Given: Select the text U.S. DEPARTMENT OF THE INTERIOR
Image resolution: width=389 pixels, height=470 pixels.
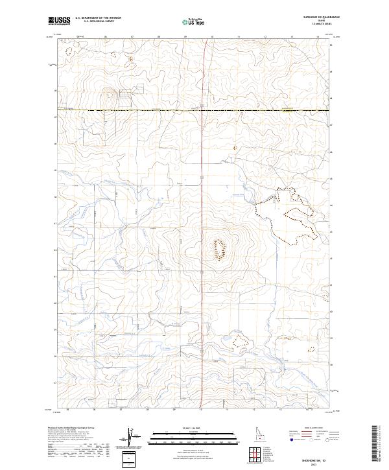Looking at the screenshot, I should (x=98, y=18).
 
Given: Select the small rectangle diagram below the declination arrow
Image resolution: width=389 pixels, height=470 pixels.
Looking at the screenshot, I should (x=130, y=458).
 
